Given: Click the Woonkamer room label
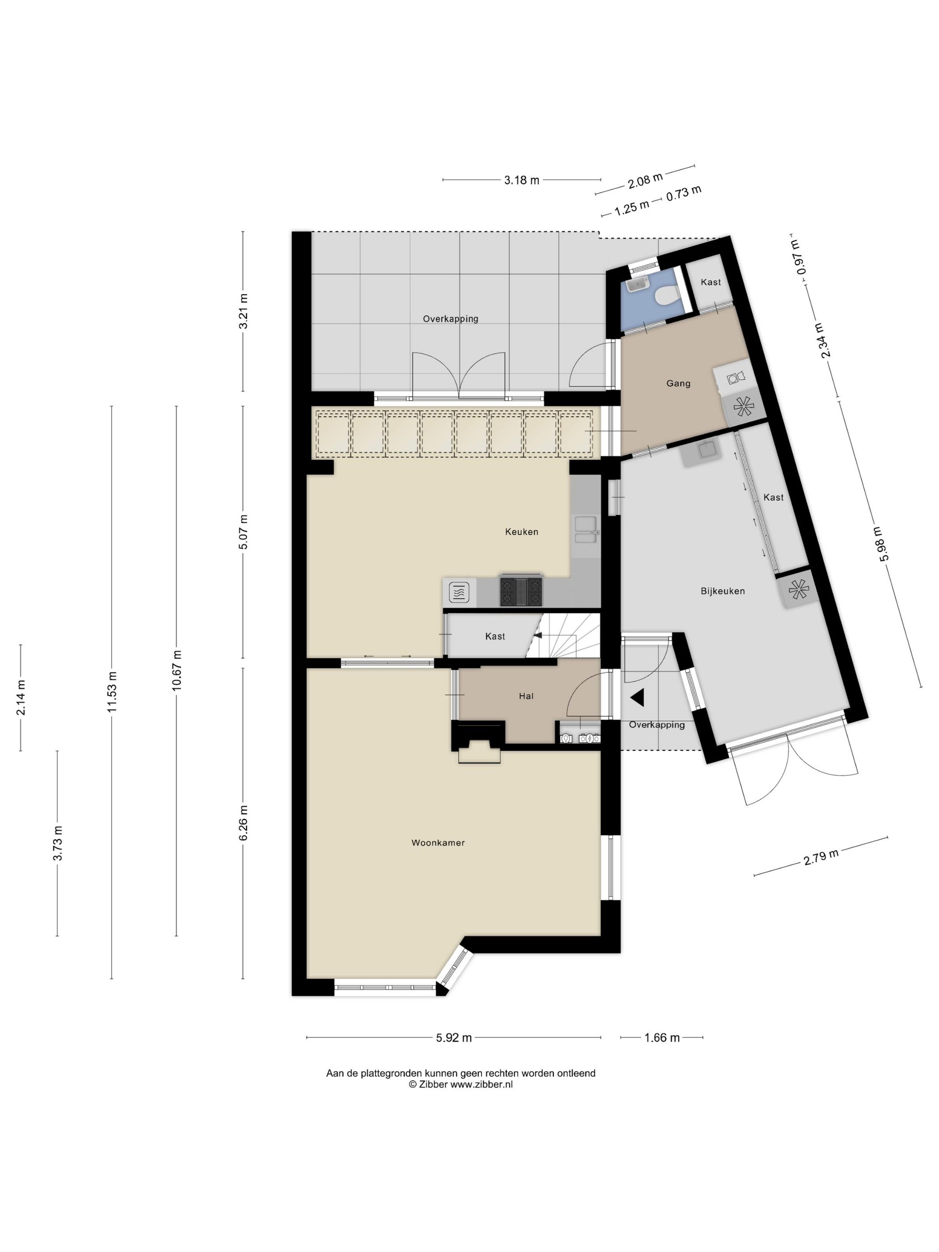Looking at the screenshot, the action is point(437,842).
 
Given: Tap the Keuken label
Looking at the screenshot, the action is point(521,532).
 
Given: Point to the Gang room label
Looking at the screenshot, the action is point(678,383).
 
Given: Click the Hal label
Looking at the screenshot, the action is point(526,696).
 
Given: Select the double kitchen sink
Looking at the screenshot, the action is point(585,530).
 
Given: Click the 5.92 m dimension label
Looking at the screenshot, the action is point(453,1037).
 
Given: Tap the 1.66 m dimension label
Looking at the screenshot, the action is point(662,1037).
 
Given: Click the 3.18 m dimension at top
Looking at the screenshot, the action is point(521,180).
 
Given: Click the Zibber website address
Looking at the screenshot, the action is point(482,1084).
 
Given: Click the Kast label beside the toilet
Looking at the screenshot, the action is point(711,282).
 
